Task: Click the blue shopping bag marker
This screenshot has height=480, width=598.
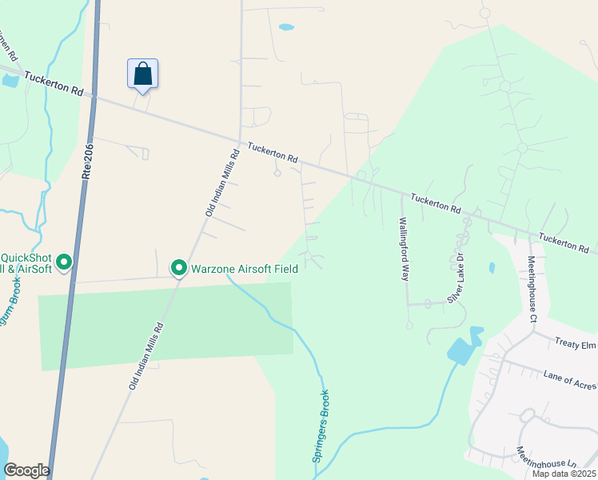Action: (142, 74)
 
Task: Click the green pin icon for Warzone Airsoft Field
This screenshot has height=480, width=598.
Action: (178, 269)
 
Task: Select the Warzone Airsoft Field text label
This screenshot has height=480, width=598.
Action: (244, 269)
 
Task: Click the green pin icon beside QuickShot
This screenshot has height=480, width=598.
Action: (65, 262)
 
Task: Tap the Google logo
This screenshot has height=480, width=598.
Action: (26, 470)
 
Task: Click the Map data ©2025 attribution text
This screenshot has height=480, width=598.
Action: (564, 474)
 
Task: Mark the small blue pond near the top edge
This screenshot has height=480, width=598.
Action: (285, 27)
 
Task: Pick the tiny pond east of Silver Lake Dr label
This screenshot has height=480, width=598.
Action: (490, 268)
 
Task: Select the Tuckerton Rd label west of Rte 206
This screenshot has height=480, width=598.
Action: (54, 83)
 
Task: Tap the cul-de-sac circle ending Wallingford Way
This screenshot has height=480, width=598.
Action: (409, 326)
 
